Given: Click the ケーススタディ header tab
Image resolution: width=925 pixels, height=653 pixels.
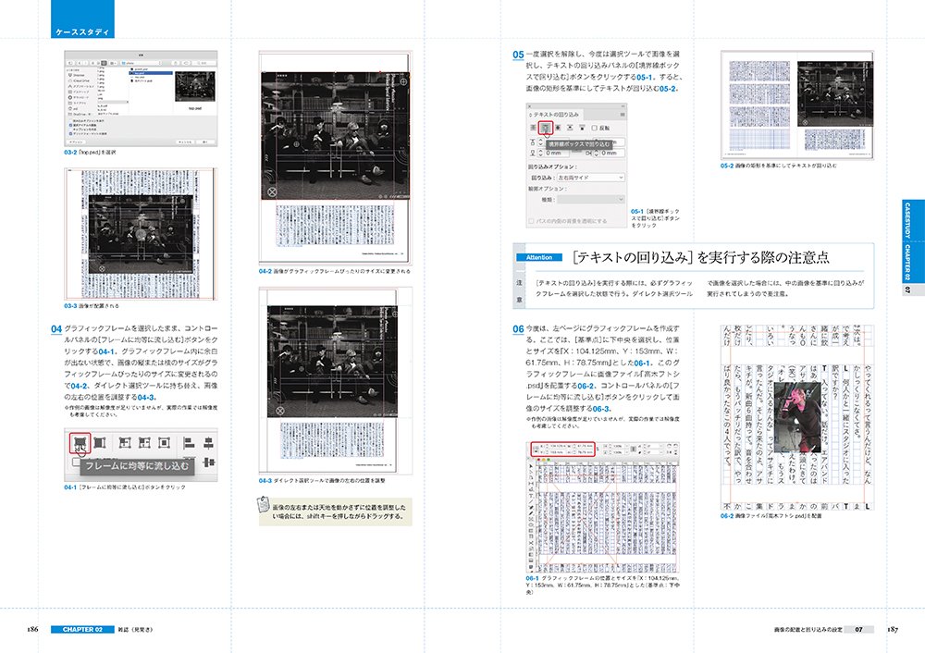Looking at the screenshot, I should [82, 32].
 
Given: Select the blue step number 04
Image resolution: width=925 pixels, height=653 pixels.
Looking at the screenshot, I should [55, 329].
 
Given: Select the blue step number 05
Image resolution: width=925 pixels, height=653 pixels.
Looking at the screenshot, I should [518, 55].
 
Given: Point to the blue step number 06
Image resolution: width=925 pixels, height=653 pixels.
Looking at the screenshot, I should [518, 330].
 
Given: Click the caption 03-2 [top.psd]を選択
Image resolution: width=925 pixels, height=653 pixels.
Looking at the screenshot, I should [90, 152].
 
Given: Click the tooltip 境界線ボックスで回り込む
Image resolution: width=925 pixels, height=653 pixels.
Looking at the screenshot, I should [579, 144].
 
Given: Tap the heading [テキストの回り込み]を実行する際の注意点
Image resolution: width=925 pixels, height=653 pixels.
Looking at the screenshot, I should [701, 256].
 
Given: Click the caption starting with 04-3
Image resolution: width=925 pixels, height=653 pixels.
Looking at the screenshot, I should [323, 480].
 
